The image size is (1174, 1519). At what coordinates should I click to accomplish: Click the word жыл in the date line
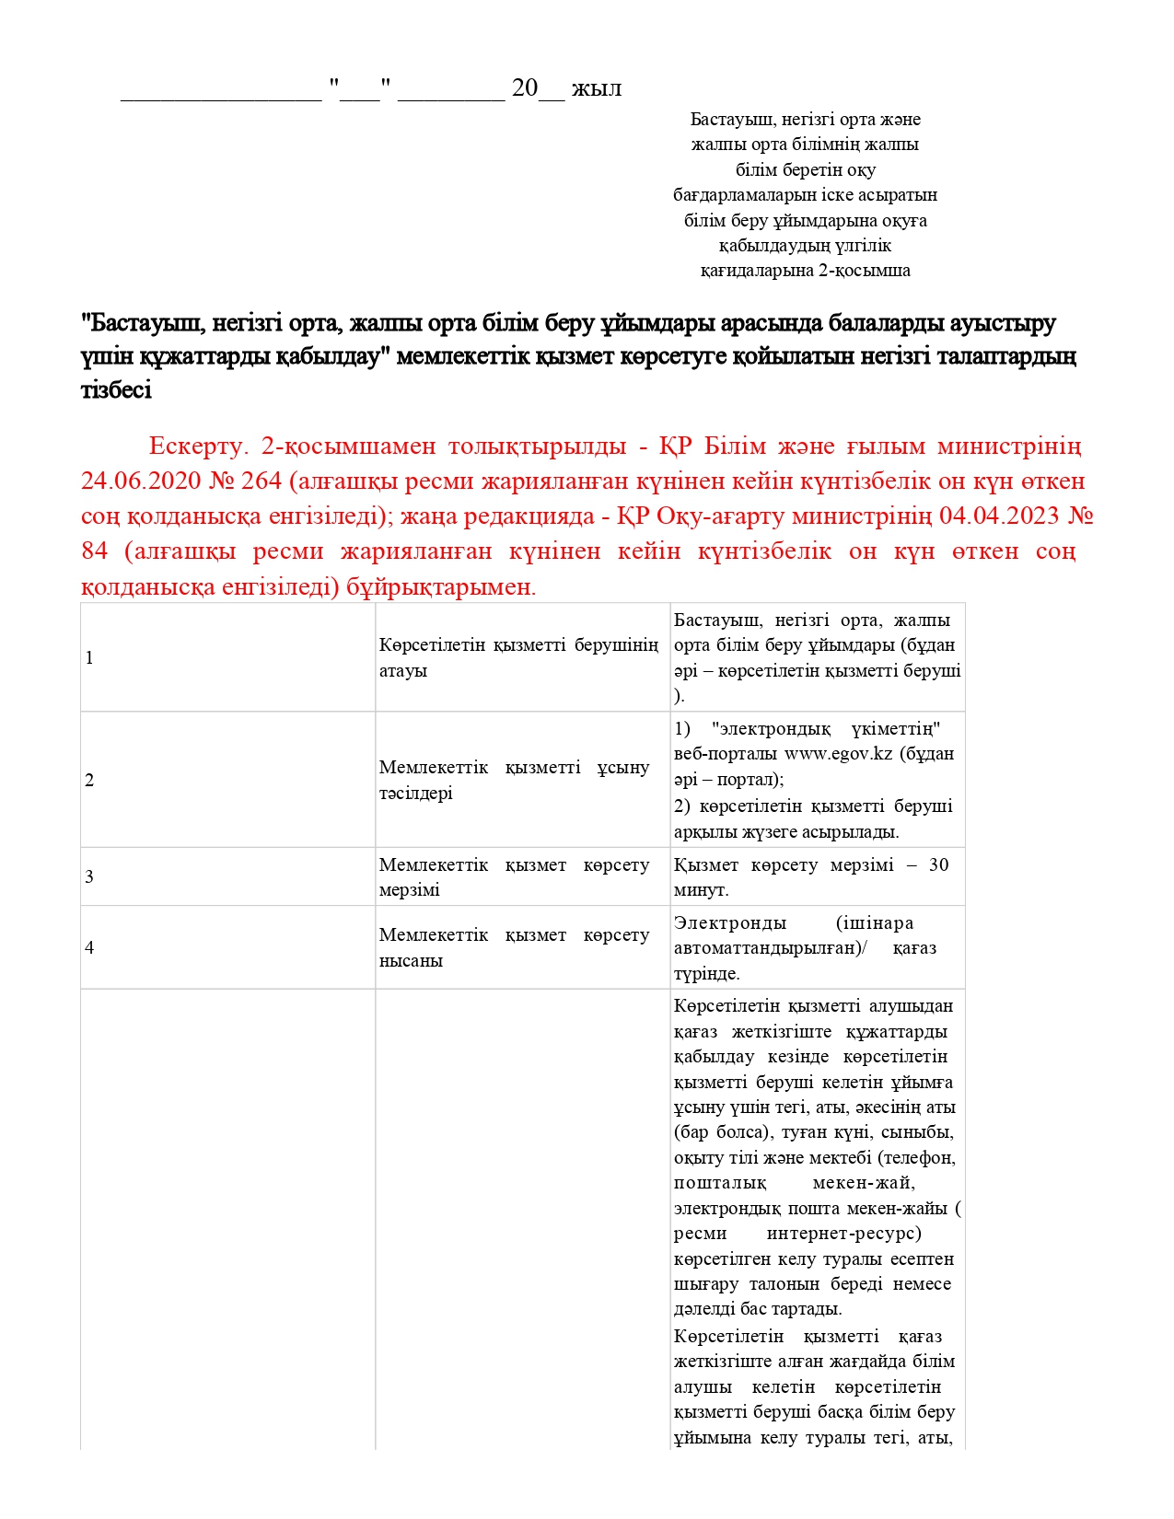point(597,88)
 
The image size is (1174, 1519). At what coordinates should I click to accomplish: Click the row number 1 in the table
point(89,657)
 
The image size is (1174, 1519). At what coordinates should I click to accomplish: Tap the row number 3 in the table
point(89,876)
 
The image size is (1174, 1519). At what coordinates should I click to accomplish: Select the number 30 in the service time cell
point(938,864)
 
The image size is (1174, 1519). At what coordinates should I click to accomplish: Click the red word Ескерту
point(198,446)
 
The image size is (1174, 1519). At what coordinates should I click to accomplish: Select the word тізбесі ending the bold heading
point(116,390)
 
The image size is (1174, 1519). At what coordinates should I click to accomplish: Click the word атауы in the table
point(403,670)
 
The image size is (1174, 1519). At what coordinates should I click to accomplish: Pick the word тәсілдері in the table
point(416,793)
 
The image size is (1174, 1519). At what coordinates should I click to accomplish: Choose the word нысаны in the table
point(411,960)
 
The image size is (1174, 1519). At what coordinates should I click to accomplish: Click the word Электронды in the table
point(730,922)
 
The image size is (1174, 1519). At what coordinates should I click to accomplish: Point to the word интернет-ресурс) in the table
point(843,1233)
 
